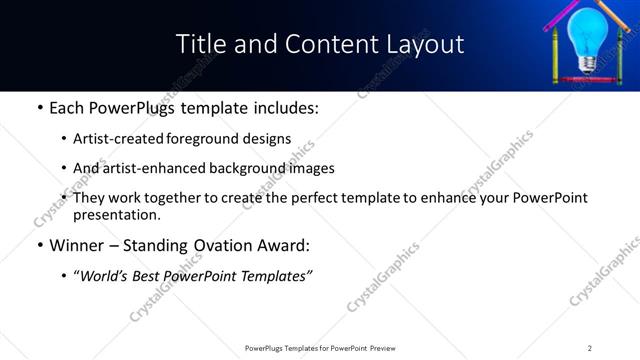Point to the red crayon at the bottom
coord(587,78)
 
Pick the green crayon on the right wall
coord(618,55)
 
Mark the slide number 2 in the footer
coord(589,348)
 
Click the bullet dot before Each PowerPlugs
coord(39,108)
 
